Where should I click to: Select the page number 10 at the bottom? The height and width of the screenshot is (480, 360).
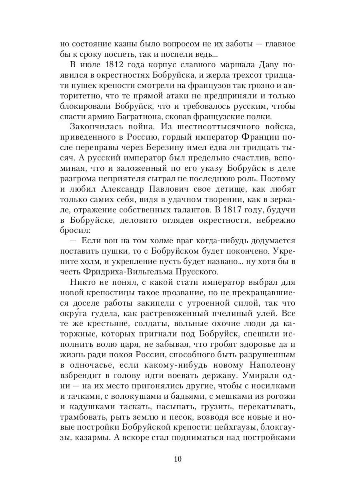[x=178, y=459]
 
